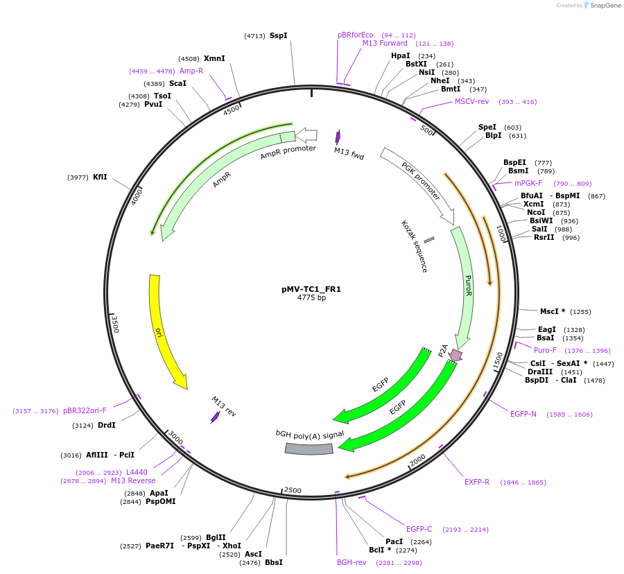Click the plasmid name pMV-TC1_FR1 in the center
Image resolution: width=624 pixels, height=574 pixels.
tap(311, 289)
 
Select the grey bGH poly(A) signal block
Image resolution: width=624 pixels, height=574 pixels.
tap(309, 449)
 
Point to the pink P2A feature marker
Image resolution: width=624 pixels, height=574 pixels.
tap(456, 356)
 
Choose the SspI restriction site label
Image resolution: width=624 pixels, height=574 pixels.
tap(278, 35)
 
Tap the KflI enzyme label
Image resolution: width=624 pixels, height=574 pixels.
tap(100, 177)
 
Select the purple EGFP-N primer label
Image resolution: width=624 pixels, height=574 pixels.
tap(523, 415)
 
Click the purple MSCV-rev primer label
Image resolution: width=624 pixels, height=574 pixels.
tap(471, 102)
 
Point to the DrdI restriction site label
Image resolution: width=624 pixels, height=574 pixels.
tap(107, 426)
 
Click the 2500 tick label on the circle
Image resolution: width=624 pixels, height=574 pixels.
tap(293, 491)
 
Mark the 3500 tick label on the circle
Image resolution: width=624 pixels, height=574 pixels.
tap(116, 324)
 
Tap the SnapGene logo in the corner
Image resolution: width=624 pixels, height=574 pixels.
tap(603, 6)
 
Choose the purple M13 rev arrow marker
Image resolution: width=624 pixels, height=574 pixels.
tap(215, 417)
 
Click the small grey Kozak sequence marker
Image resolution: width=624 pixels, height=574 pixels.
tap(429, 240)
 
